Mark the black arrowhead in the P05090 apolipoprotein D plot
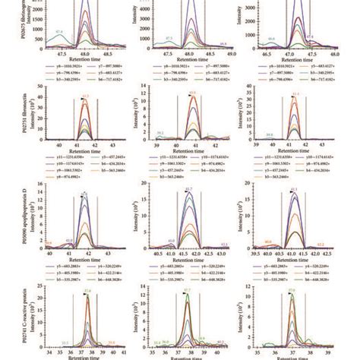81,195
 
